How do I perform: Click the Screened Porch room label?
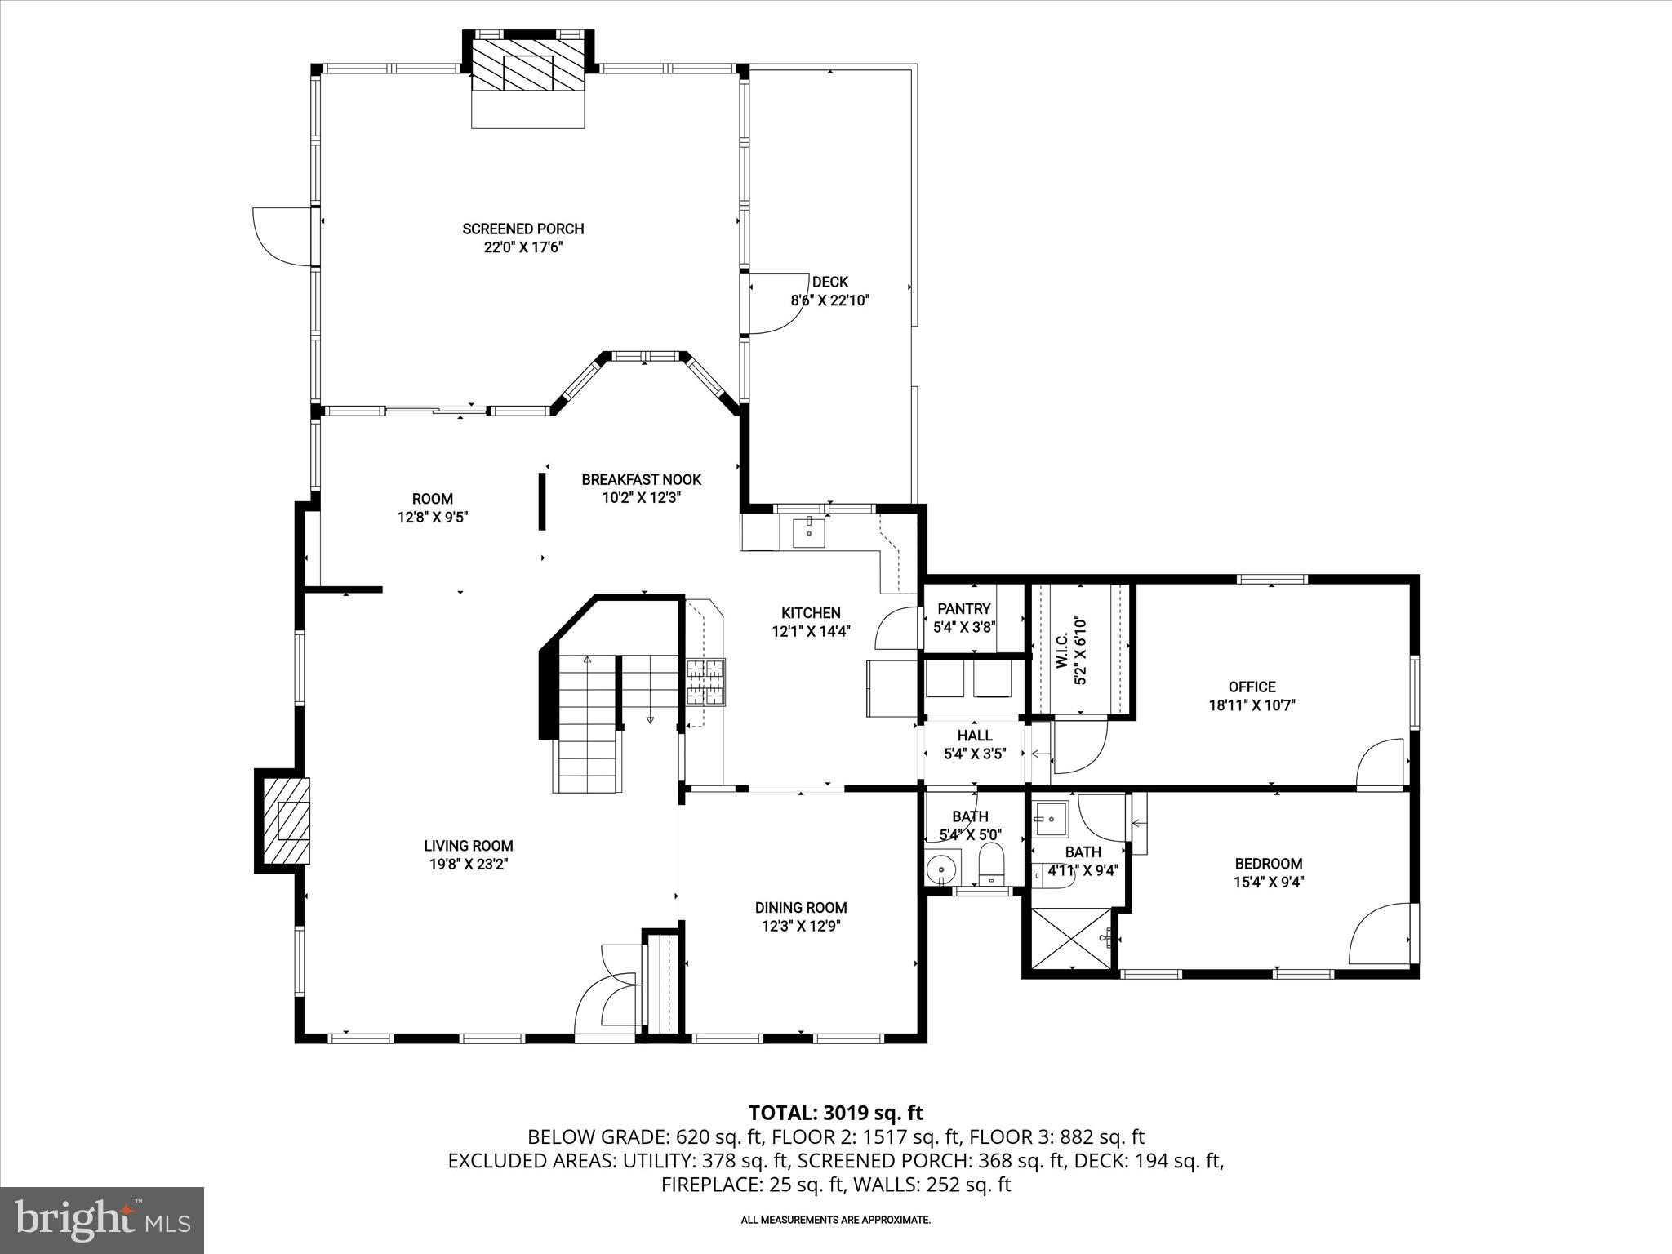523,229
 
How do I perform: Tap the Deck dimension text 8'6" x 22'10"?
829,300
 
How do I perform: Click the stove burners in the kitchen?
705,681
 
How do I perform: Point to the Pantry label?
963,608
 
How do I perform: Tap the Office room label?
1252,687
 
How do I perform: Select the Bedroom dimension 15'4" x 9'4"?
1268,882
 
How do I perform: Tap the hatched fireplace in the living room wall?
286,821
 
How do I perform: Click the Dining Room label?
800,907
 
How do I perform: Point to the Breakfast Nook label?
641,479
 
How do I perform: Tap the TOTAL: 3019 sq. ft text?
835,1113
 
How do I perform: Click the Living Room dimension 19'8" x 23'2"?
468,865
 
